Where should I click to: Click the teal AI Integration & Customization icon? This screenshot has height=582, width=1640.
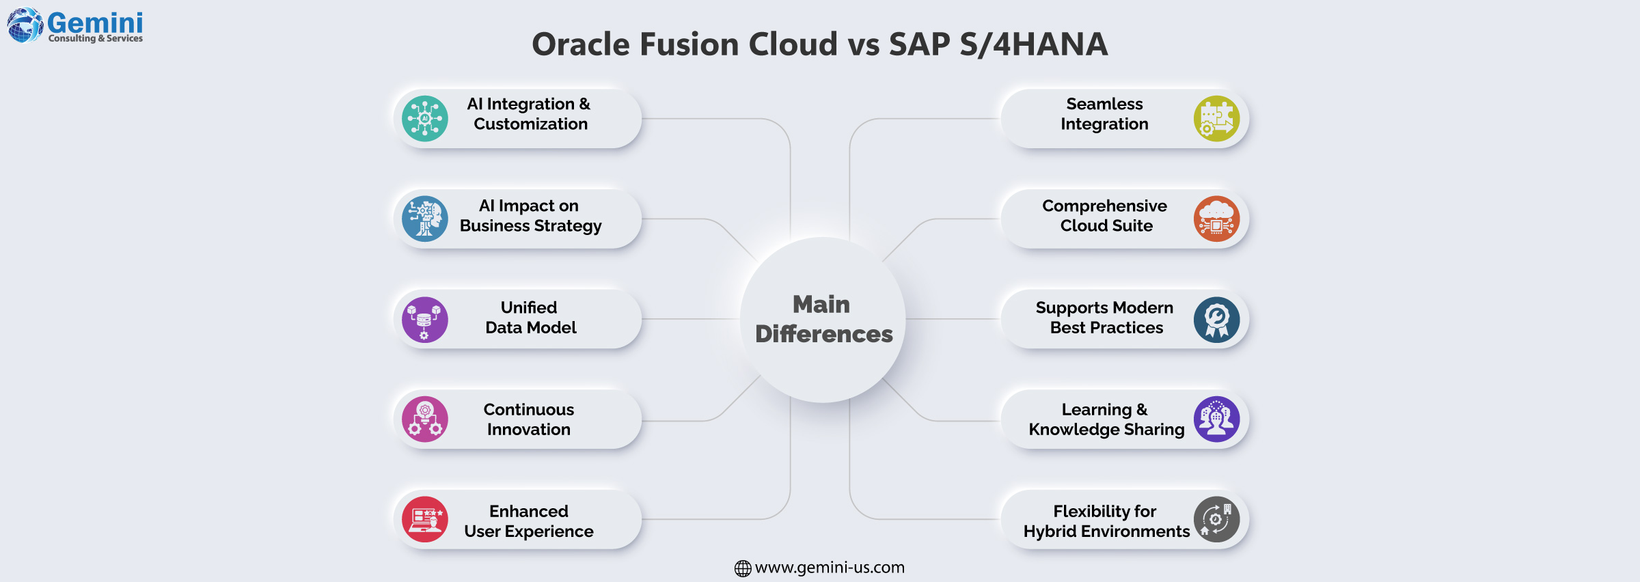click(425, 118)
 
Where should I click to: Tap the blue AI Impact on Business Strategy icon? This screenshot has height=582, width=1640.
click(425, 219)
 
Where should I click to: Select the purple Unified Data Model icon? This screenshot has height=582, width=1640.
click(425, 319)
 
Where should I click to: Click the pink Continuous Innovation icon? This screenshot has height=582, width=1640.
click(425, 419)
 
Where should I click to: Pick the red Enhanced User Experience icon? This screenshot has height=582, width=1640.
click(425, 519)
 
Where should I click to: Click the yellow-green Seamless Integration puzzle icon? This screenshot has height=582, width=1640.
click(1216, 118)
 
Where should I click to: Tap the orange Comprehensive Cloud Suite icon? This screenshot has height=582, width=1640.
click(1216, 219)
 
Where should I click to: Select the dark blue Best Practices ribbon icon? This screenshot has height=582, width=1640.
click(1216, 319)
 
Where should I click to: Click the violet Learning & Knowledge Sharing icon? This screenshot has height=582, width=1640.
click(1216, 419)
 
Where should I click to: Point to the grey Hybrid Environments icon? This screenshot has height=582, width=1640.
click(1216, 519)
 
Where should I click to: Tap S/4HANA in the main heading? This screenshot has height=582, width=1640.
click(1033, 44)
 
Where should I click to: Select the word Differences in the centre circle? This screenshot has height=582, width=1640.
click(823, 334)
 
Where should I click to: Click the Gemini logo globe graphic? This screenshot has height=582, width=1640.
click(25, 25)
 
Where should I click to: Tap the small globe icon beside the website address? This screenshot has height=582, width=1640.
click(743, 568)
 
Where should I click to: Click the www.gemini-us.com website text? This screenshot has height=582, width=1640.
click(830, 568)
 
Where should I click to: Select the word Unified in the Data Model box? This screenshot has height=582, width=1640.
click(528, 307)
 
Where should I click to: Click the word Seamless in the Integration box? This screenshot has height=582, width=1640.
click(1104, 104)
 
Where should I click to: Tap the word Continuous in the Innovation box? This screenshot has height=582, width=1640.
click(528, 409)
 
